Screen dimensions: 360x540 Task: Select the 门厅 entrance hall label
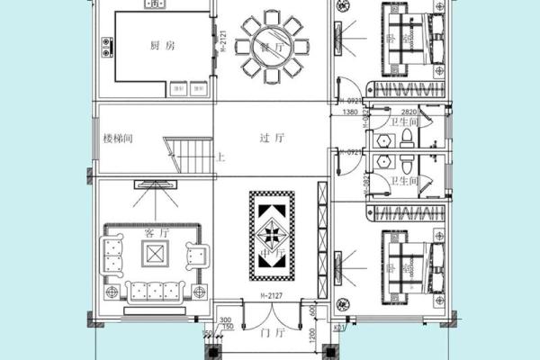coord(271,331)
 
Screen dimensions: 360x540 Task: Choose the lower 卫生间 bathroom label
coord(402,181)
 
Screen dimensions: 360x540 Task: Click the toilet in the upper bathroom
coord(407,136)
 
